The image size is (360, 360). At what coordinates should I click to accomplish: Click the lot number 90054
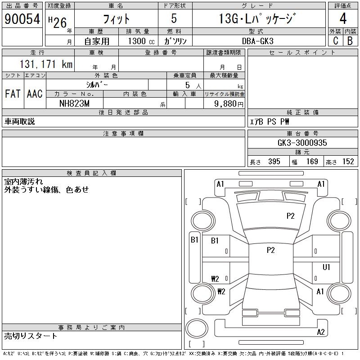22,18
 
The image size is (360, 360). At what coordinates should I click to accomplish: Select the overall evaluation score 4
343,18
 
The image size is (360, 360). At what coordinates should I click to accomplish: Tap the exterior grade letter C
335,40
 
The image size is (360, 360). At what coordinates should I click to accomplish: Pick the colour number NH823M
75,103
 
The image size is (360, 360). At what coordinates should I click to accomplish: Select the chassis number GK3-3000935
302,143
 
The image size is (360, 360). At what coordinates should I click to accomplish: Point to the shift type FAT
13,94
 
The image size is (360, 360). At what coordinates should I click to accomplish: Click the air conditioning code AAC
35,94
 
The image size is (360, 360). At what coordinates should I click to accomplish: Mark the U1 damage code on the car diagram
326,267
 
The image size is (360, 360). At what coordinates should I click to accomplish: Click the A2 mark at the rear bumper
321,332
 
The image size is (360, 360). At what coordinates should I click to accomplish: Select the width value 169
312,162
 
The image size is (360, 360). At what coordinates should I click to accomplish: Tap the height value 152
348,162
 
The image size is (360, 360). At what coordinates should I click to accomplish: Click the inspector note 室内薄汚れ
24,182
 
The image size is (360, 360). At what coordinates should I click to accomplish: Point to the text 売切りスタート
31,336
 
